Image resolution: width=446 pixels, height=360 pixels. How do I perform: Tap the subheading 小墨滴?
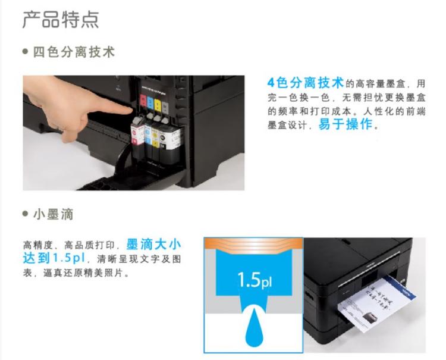click(55, 214)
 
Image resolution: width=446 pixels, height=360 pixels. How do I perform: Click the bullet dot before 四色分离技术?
click(26, 53)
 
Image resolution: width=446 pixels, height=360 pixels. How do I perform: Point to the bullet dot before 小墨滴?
click(26, 214)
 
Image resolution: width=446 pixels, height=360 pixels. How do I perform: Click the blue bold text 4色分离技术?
click(306, 82)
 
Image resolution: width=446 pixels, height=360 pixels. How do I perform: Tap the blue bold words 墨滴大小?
click(154, 245)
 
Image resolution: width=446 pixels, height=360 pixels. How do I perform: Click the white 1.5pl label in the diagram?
click(253, 280)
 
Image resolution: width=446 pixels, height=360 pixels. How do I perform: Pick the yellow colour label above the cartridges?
click(158, 105)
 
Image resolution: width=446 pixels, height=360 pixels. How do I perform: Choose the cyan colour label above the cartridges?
click(149, 104)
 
